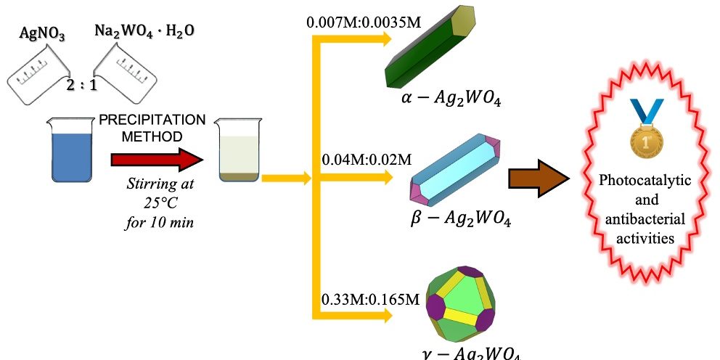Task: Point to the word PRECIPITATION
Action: pos(152,120)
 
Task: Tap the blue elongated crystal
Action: pos(456,168)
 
